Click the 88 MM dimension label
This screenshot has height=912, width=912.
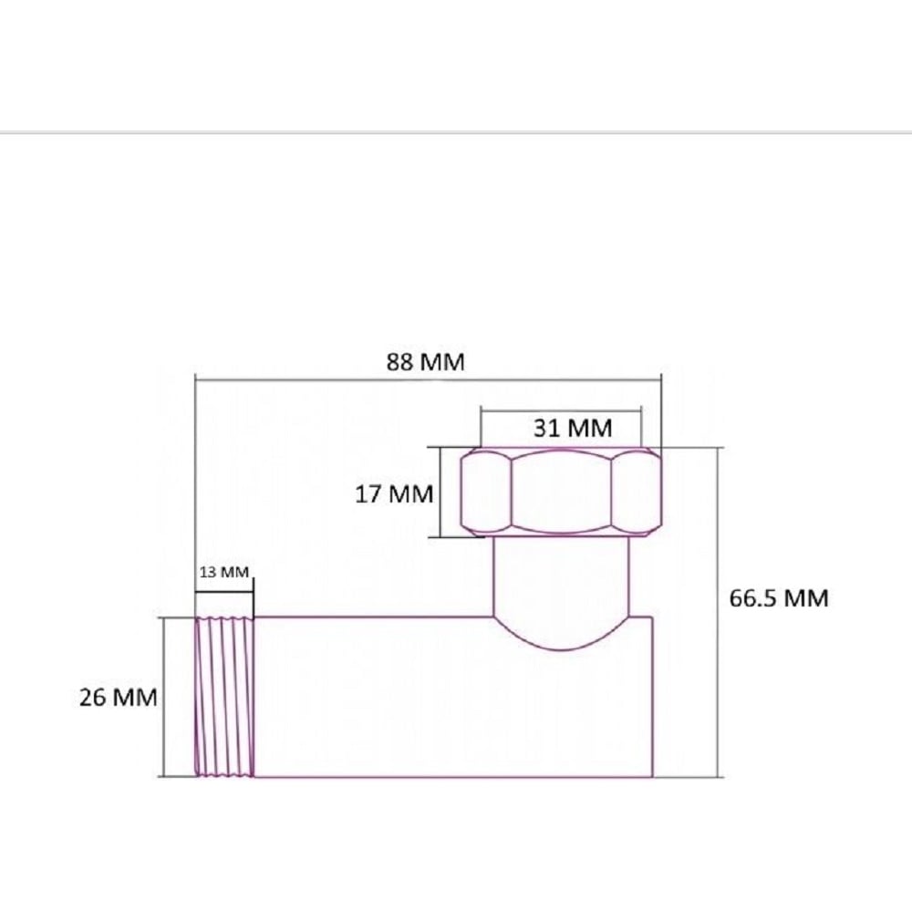point(426,362)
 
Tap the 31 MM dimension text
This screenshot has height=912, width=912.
point(573,428)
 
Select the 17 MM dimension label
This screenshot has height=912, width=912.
point(394,493)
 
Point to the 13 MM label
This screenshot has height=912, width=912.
point(224,573)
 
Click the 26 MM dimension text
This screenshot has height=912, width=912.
point(118,697)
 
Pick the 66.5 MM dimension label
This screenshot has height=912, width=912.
point(779,598)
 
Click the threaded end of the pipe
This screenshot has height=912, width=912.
point(224,696)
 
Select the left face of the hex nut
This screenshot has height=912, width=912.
point(486,492)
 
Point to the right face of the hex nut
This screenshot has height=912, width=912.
point(637,492)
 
